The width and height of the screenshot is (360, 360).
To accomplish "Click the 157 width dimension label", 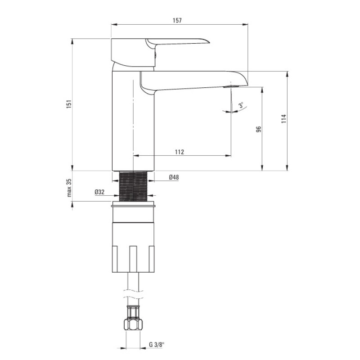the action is (x=177, y=20).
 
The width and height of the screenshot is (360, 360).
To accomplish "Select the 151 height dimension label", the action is (x=69, y=104).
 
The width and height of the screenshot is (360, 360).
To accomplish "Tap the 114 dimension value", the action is (x=284, y=119).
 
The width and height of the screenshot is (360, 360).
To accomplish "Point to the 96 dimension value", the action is (x=258, y=129).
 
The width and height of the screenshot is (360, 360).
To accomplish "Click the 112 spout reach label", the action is (x=180, y=152).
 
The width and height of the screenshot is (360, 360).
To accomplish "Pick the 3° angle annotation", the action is (x=241, y=105).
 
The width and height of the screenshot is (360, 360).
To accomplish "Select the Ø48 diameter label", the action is (x=174, y=177).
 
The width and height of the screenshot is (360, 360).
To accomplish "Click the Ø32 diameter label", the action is (x=99, y=192).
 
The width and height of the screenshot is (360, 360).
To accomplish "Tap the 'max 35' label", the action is (x=69, y=188).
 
